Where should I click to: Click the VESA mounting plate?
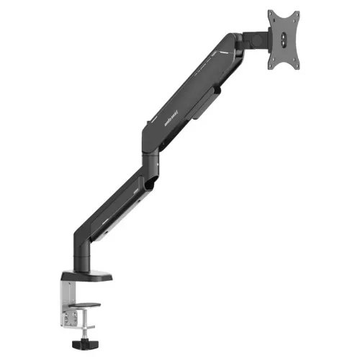tap(284, 40)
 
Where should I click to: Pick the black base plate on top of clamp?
tap(86, 276)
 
